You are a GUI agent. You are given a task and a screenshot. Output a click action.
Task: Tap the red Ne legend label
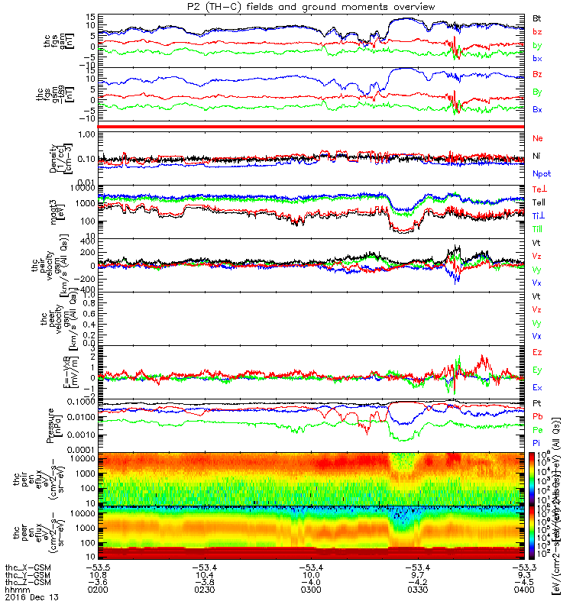537,137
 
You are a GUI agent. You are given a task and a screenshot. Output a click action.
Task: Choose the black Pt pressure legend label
537,402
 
